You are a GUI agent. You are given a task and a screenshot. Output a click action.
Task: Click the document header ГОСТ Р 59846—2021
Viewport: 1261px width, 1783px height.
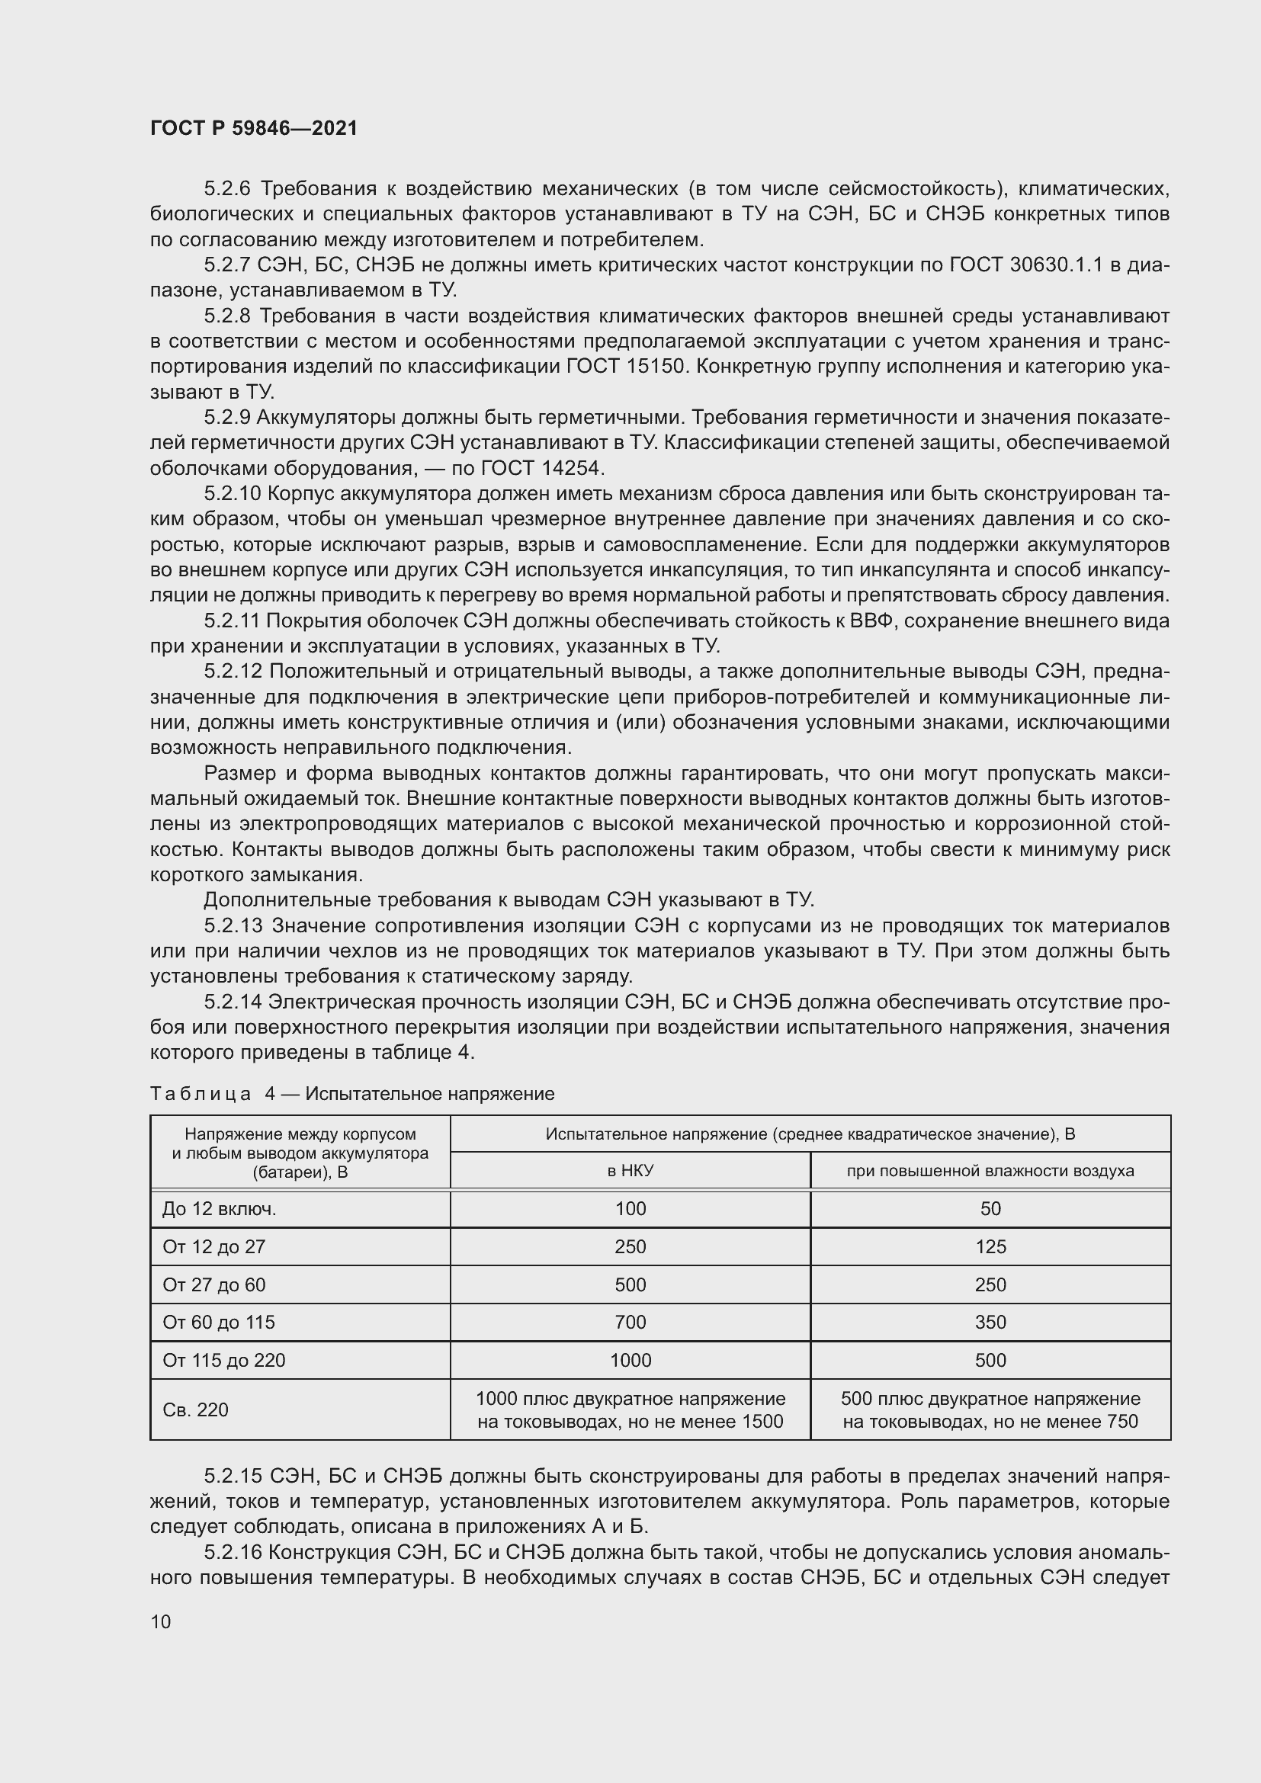[x=254, y=128]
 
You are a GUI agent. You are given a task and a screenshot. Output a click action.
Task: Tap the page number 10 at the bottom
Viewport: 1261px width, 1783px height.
[x=161, y=1621]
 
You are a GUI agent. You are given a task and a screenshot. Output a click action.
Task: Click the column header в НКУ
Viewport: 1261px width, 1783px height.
[x=630, y=1170]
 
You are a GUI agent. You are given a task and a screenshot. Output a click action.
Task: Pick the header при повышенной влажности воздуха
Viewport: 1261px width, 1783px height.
[x=990, y=1170]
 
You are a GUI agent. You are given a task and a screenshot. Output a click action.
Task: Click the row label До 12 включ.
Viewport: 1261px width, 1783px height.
[x=219, y=1208]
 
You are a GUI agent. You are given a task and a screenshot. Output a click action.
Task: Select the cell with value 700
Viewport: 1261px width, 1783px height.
[x=630, y=1322]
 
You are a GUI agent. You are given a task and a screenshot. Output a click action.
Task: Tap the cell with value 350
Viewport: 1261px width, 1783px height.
[x=990, y=1322]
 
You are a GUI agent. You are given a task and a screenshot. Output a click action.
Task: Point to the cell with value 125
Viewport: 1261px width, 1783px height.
[x=990, y=1246]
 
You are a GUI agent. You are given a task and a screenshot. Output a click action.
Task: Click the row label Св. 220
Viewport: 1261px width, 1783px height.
[x=196, y=1409]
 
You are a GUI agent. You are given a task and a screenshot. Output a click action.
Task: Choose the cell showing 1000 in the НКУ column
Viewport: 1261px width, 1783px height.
[x=630, y=1360]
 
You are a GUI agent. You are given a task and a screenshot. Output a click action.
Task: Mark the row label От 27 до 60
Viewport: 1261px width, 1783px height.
[x=213, y=1284]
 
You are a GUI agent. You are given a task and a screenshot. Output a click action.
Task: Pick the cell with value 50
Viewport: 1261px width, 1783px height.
[x=990, y=1208]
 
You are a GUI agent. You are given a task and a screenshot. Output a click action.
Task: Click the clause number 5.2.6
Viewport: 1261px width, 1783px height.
[x=229, y=189]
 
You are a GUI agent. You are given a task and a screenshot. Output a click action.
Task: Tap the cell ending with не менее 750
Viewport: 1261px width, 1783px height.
[x=990, y=1409]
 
